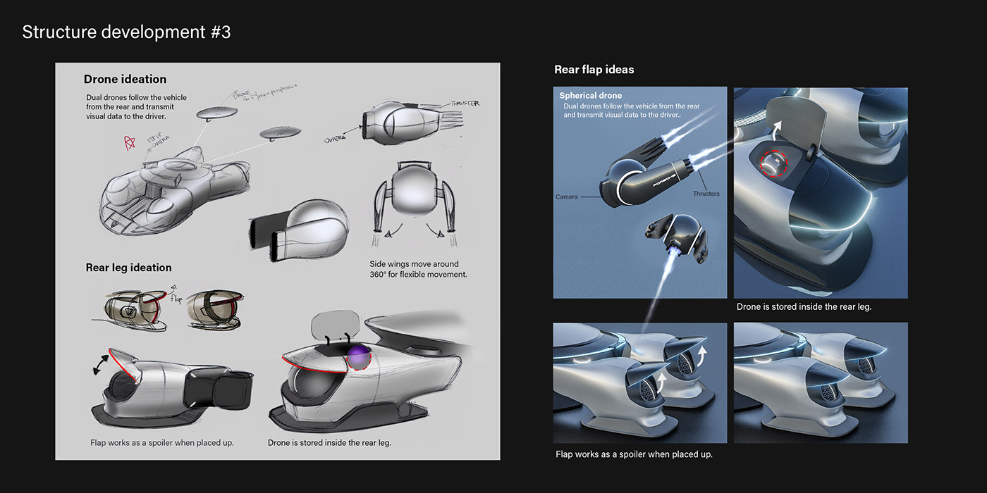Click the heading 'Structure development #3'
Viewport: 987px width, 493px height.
point(126,32)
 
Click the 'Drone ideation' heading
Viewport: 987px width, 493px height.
point(125,80)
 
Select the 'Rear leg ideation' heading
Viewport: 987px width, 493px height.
point(128,268)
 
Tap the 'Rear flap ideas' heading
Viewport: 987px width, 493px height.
point(594,69)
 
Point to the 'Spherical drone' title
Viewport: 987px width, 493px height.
point(591,96)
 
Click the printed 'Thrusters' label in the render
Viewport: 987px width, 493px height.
point(706,194)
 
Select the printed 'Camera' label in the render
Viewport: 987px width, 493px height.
point(566,197)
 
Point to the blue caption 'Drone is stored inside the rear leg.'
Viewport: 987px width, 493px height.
point(804,307)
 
